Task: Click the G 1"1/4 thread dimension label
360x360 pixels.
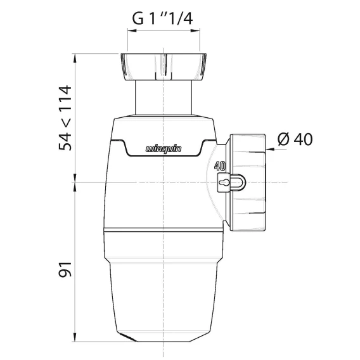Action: (x=162, y=18)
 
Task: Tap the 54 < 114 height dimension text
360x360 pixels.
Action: (x=65, y=118)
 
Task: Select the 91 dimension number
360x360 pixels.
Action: (x=65, y=269)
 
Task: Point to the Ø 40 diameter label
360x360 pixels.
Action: (x=295, y=139)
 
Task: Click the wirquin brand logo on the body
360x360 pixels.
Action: (x=164, y=149)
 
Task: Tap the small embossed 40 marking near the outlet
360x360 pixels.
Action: (x=220, y=166)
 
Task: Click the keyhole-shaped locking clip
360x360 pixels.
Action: (x=231, y=183)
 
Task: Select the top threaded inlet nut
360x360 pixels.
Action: (x=164, y=67)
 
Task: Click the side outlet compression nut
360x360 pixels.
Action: (x=247, y=183)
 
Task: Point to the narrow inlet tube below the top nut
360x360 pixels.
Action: (x=164, y=98)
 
